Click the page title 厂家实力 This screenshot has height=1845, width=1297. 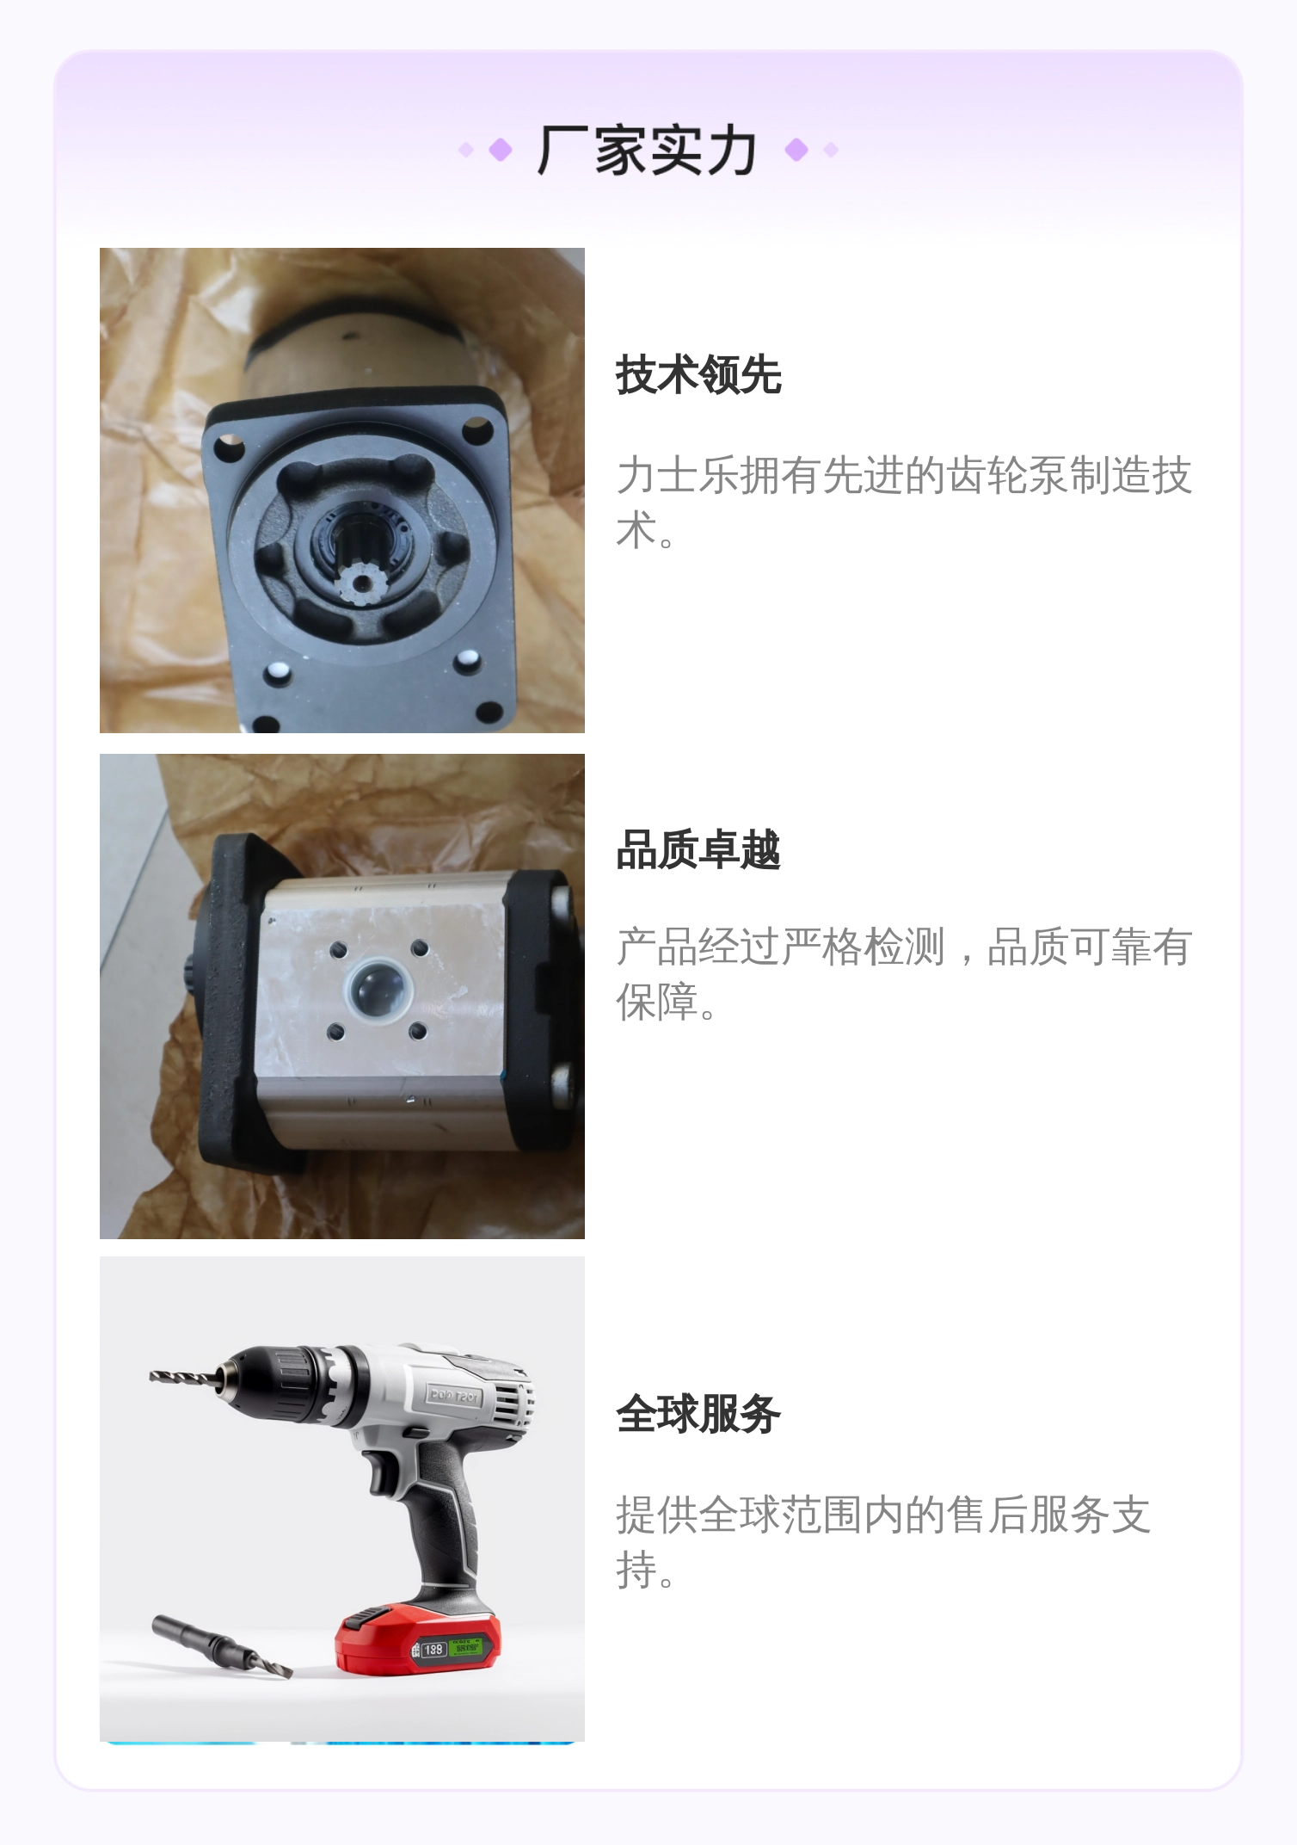tap(647, 151)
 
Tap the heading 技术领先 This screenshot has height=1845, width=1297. tap(698, 374)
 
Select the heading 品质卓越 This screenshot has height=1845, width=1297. tap(698, 849)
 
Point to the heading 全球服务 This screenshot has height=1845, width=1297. tap(698, 1413)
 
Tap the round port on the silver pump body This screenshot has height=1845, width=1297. tap(378, 990)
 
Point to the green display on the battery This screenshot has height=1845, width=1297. tap(467, 1646)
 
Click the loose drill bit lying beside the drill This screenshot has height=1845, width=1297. tap(222, 1645)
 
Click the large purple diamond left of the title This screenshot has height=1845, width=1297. tap(501, 151)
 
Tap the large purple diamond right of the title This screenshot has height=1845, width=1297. tap(796, 151)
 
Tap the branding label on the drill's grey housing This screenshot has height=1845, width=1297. tap(455, 1395)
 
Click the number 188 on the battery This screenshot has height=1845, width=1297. tap(433, 1650)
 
